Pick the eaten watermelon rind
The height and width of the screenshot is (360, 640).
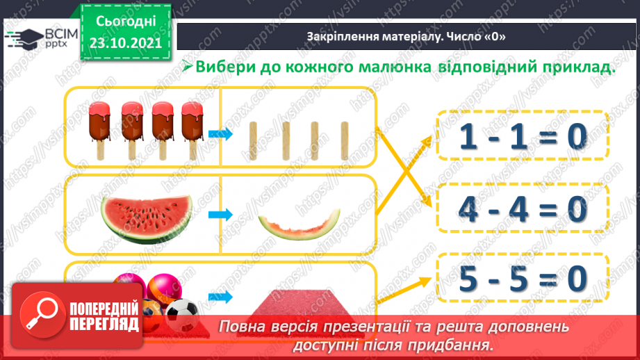coord(300,224)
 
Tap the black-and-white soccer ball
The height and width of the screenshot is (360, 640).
coord(183,315)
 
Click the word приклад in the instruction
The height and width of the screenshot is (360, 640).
coord(581,68)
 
